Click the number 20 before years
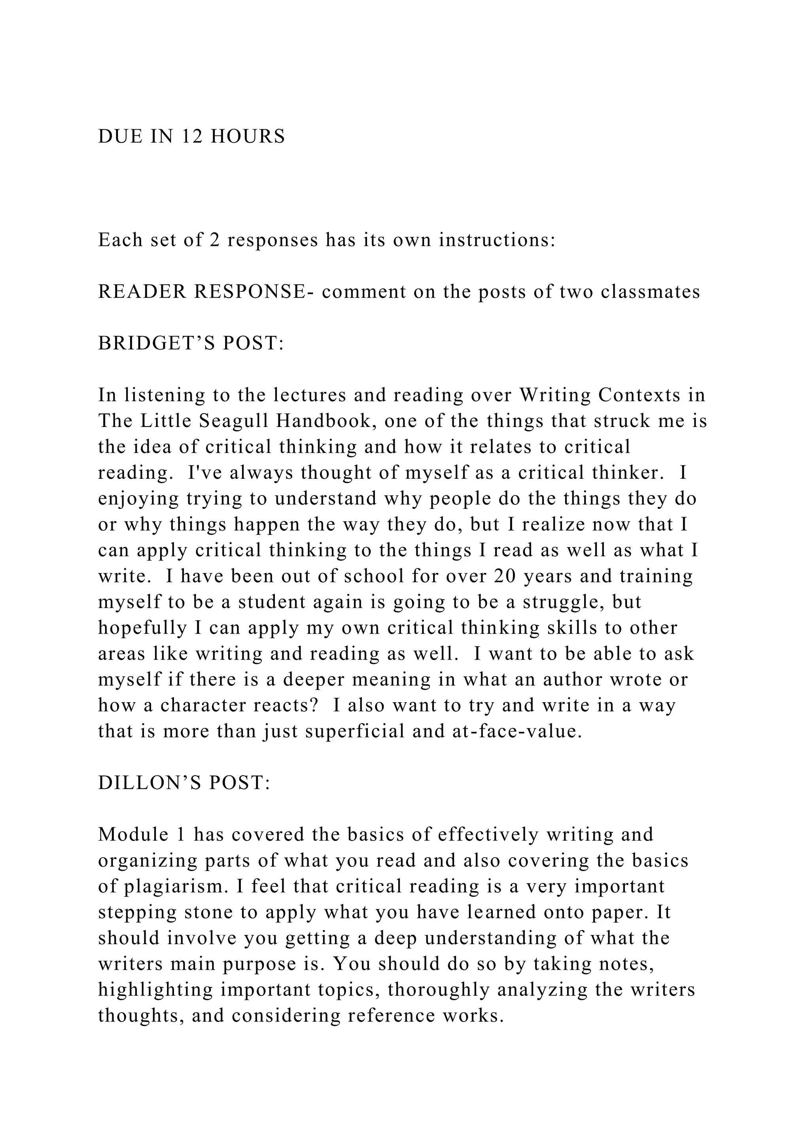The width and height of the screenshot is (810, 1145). tap(505, 576)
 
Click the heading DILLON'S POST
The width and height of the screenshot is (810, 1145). tap(184, 783)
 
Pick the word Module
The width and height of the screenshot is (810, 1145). tap(128, 835)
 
